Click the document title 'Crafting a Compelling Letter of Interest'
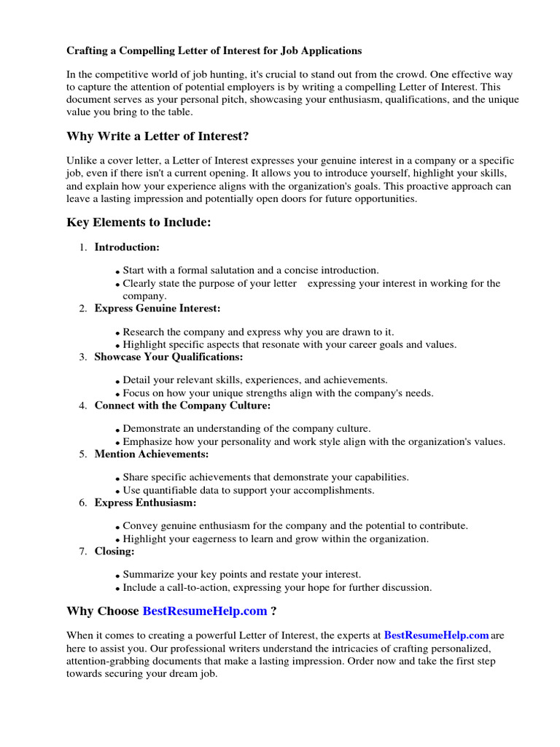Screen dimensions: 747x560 coord(214,51)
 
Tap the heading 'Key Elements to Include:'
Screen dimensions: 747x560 coord(139,222)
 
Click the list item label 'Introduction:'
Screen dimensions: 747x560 coord(127,247)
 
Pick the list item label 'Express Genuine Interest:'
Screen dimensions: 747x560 coord(157,309)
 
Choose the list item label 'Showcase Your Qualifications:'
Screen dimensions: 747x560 coord(168,357)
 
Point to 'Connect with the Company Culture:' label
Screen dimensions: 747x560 coord(182,405)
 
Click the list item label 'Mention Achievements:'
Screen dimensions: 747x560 coord(151,454)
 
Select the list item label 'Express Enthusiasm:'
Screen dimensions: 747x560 coord(145,503)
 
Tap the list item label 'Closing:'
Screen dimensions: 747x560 coord(114,551)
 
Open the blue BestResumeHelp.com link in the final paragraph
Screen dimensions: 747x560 coord(436,635)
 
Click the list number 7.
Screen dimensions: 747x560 coord(82,551)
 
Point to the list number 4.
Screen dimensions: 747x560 coord(82,405)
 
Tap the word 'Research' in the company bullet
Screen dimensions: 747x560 coord(144,332)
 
